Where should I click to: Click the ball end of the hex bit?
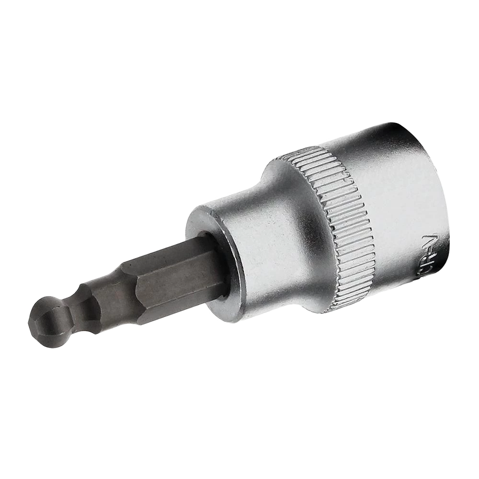(x=48, y=320)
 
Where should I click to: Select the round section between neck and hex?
(x=91, y=303)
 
